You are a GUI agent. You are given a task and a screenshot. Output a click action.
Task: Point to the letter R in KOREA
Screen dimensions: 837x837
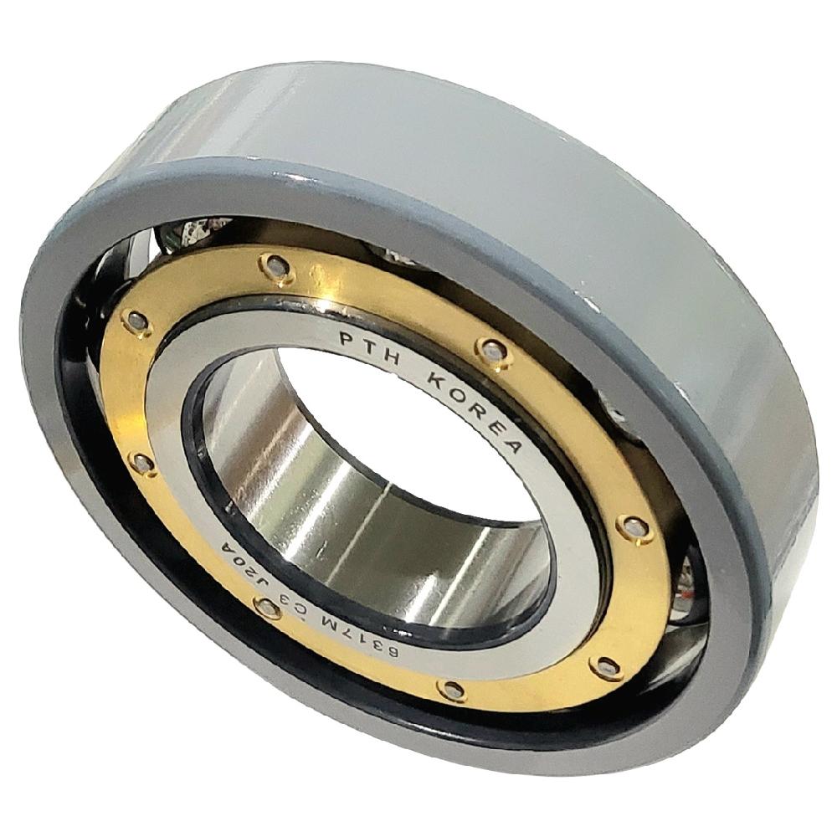[474, 409]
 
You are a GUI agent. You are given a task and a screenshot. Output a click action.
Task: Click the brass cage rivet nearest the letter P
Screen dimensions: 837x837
[273, 266]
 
